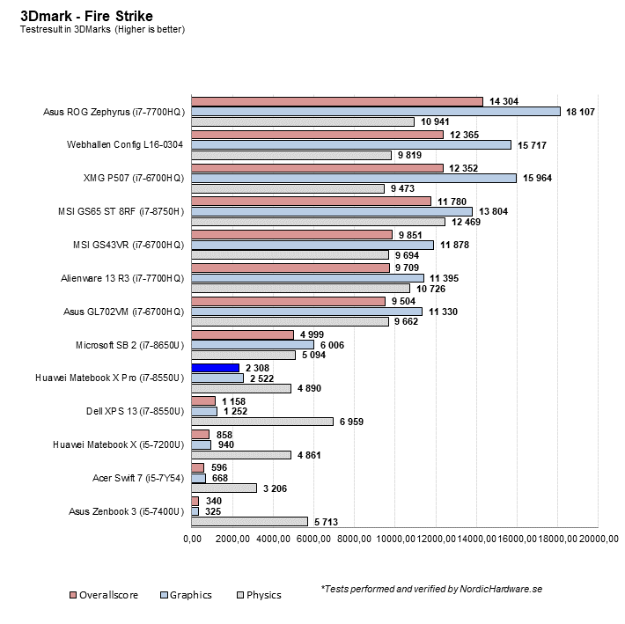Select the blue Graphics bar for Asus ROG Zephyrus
376,112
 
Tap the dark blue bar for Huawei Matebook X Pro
216,368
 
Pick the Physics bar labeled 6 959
262,422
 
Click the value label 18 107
582,112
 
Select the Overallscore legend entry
103,595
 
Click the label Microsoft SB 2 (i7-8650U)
131,344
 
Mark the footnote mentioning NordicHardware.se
430,589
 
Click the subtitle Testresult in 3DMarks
102,29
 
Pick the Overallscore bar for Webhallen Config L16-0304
318,134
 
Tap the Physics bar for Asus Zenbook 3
249,521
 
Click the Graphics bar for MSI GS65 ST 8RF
332,211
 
